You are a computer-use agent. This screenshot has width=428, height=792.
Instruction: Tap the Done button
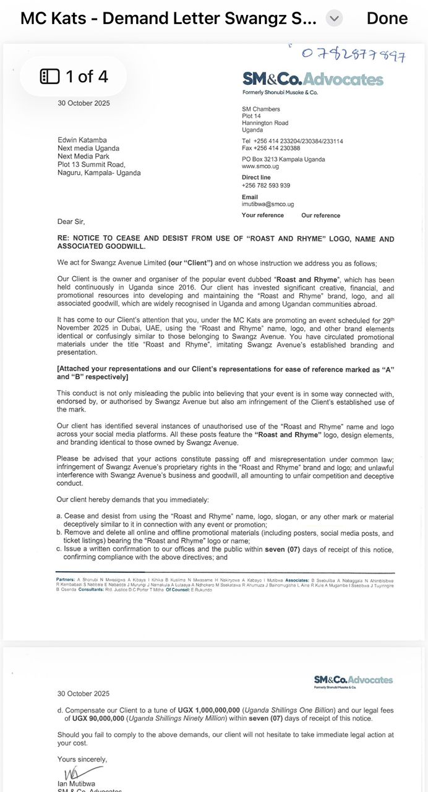387,19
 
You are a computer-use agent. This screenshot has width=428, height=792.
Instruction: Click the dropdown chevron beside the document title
334,19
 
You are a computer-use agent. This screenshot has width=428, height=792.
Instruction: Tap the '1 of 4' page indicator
74,76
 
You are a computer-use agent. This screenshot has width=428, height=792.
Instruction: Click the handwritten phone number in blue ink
354,54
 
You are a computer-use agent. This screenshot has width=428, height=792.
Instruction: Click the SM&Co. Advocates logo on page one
312,79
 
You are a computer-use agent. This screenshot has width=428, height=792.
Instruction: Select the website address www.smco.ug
257,166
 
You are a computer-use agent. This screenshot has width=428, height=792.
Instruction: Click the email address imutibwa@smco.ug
267,204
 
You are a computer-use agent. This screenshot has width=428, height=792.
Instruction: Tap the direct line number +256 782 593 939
265,186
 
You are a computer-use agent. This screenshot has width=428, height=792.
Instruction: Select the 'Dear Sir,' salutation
71,222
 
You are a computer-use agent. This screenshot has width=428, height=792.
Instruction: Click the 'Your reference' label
262,215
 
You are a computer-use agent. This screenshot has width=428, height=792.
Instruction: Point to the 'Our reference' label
320,215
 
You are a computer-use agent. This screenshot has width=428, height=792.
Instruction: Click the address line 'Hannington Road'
265,123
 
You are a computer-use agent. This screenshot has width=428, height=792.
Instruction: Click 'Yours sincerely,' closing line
82,759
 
